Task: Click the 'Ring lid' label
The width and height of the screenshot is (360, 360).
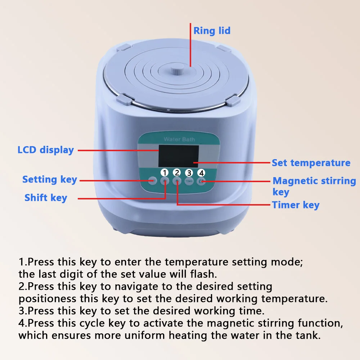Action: (212, 31)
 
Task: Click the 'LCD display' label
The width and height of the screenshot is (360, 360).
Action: (46, 150)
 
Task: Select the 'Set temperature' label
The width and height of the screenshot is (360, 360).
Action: (311, 163)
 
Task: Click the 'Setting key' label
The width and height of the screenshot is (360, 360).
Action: (50, 179)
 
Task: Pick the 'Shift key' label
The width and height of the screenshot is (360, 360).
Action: (46, 198)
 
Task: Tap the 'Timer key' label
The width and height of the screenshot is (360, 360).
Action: (296, 205)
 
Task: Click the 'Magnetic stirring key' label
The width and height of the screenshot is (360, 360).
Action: (314, 185)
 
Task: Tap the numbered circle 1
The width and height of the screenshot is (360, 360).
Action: (165, 172)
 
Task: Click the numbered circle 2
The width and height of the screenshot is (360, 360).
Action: (177, 172)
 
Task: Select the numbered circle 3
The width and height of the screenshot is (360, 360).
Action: (189, 172)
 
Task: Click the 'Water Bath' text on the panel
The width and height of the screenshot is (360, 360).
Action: (179, 139)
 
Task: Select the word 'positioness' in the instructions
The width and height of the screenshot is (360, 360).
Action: (48, 299)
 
